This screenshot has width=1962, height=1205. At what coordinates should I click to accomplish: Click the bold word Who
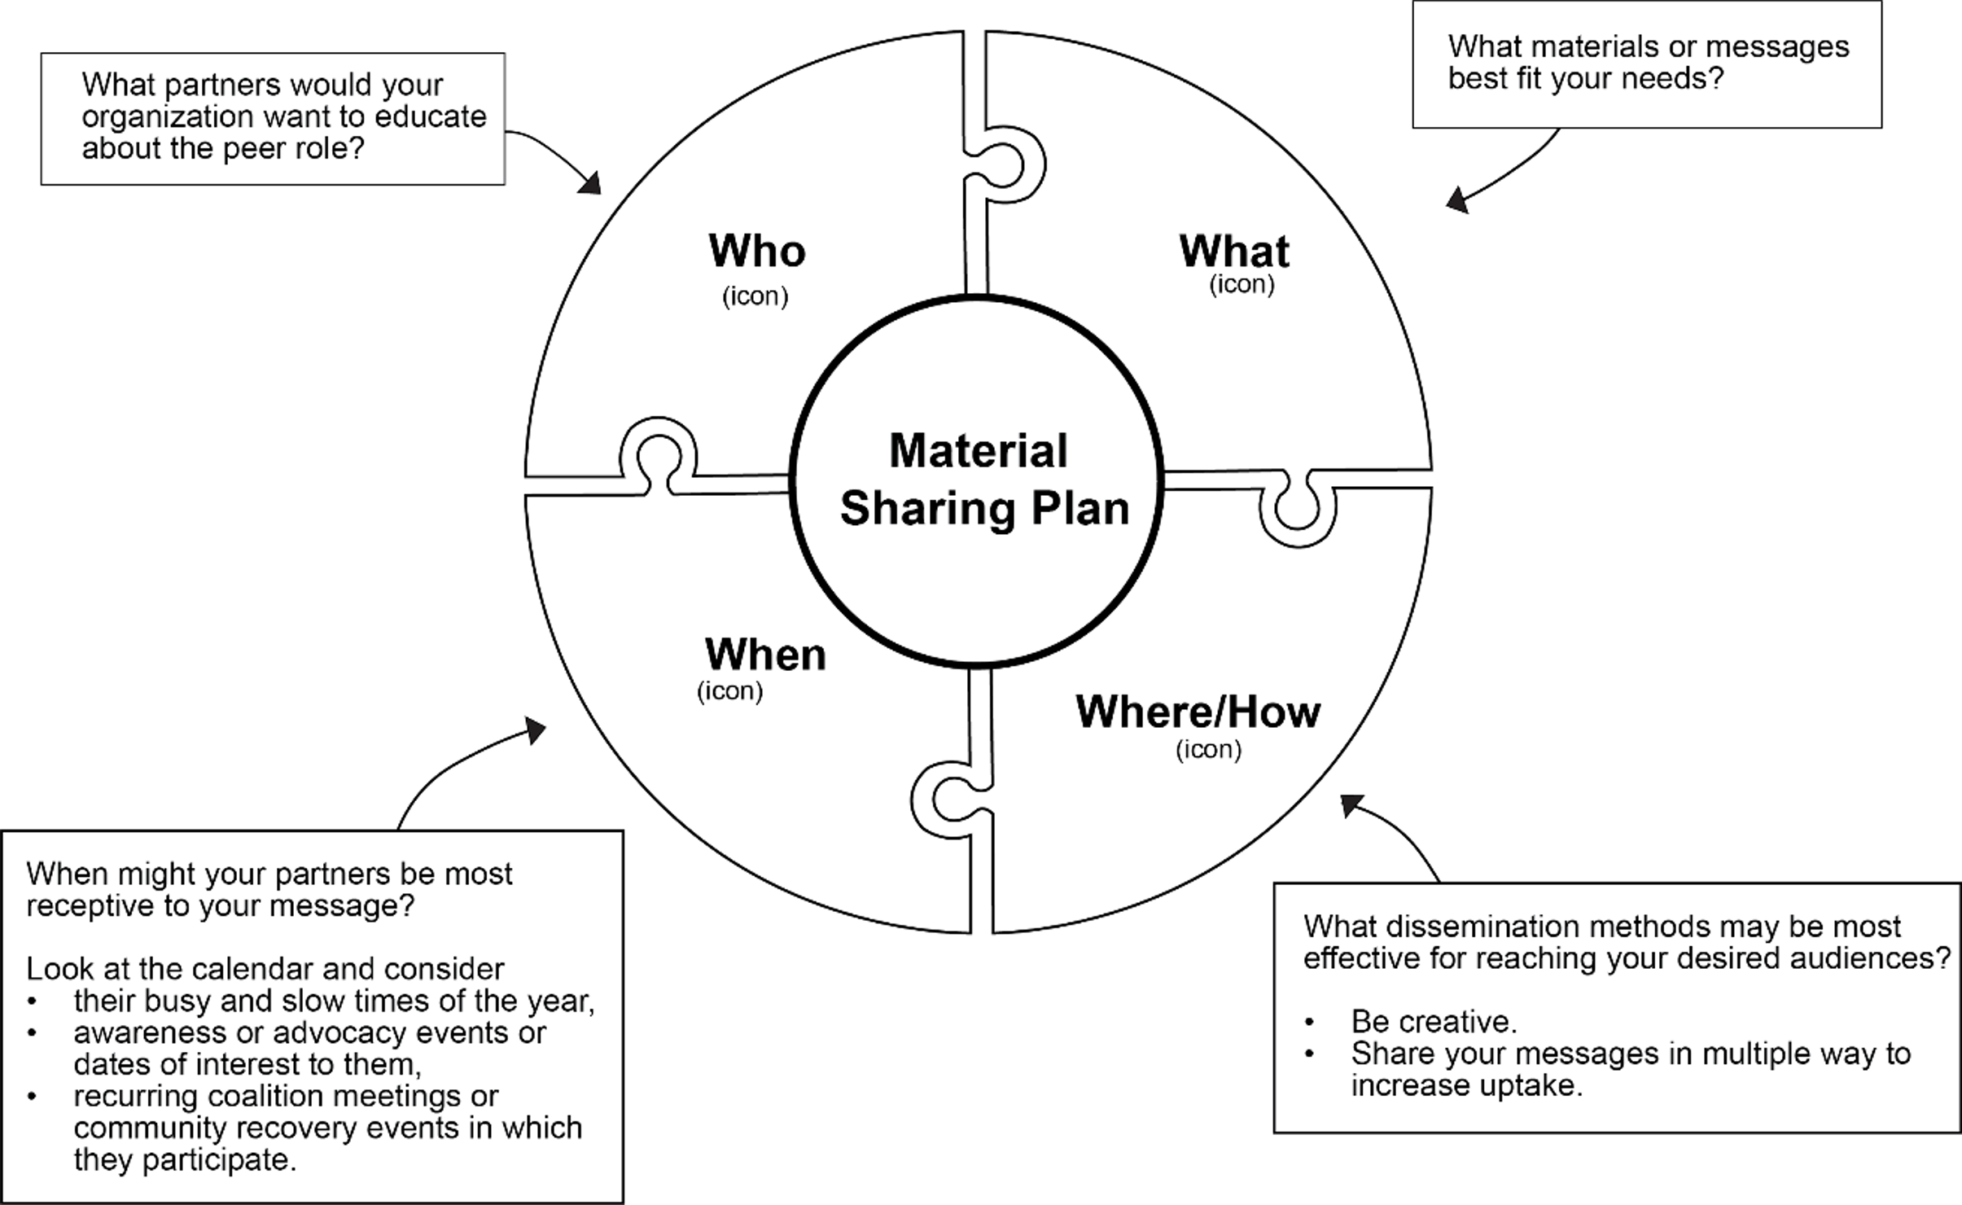(x=757, y=251)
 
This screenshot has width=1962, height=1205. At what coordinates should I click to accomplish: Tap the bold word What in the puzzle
(x=1234, y=251)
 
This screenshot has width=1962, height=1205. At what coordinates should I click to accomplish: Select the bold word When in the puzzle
(x=765, y=655)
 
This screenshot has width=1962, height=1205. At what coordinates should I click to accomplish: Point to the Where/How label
(x=1198, y=712)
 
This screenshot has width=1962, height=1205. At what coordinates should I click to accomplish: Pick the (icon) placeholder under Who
(x=755, y=296)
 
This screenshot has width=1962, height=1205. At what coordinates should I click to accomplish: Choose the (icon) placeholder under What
(x=1242, y=284)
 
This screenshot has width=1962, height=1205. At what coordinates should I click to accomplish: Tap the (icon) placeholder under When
(x=729, y=691)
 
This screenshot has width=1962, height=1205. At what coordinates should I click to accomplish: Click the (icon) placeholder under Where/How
(x=1208, y=750)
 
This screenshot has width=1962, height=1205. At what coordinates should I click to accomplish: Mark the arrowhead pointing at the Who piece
(x=591, y=184)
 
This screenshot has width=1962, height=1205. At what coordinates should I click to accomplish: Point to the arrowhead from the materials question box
(x=1456, y=199)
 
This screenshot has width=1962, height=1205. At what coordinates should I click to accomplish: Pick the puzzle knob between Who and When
(x=658, y=453)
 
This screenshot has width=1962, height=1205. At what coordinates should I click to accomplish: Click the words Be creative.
(x=1434, y=1022)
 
